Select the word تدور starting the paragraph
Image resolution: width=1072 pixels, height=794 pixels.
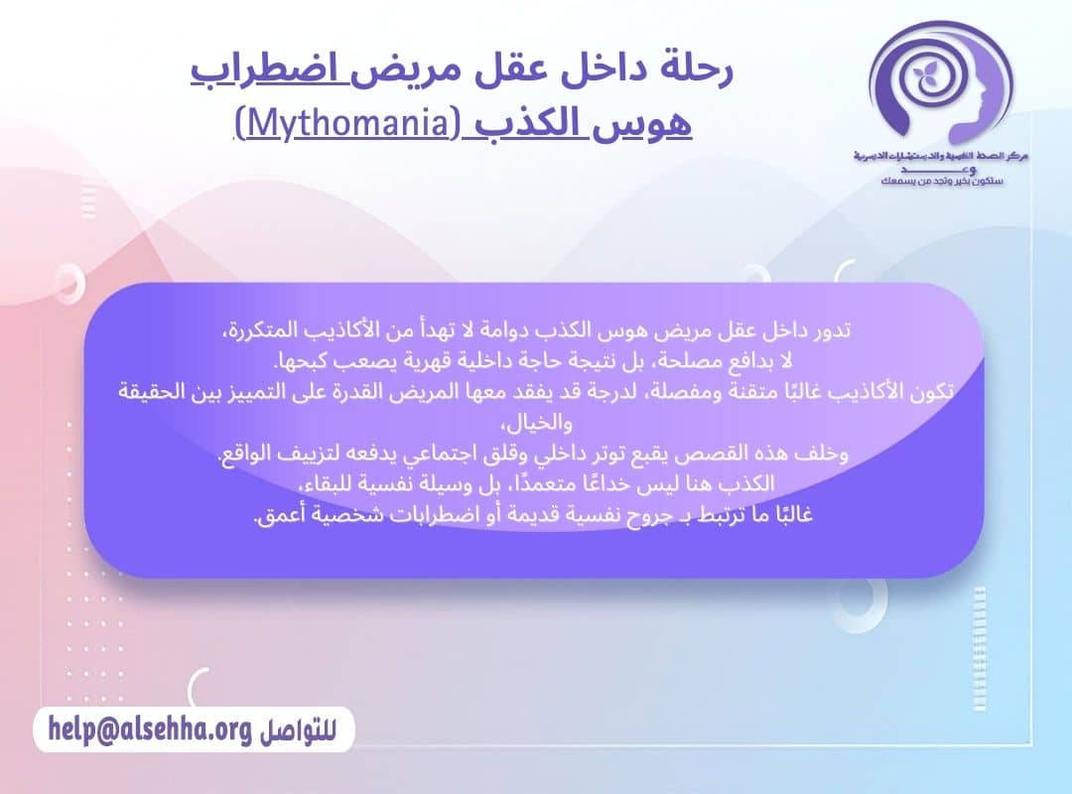(x=833, y=330)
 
